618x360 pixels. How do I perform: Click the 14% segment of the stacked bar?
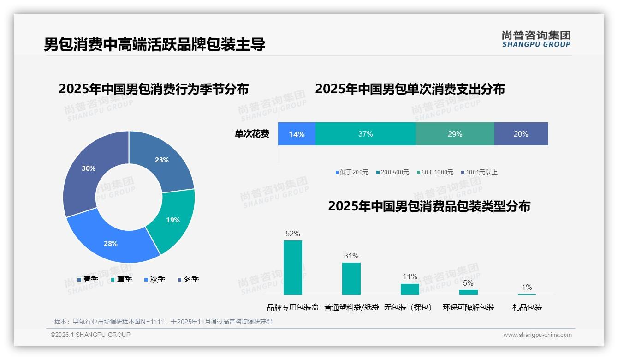297,134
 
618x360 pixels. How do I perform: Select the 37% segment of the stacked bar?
365,134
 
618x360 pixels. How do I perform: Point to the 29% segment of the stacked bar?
455,134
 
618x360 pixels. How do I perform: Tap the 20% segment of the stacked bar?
521,134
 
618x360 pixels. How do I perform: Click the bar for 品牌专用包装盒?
293,268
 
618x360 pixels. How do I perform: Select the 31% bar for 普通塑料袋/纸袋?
351,279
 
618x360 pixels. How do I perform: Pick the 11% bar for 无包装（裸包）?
410,289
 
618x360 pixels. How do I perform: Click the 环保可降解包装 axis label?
469,307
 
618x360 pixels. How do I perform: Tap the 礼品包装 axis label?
527,307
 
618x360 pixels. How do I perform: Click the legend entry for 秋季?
155,280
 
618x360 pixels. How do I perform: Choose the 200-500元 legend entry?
392,173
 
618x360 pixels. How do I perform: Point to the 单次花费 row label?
252,134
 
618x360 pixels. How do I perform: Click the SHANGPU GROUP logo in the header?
536,39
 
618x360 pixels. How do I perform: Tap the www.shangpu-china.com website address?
537,335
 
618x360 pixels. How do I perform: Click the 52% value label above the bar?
293,234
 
